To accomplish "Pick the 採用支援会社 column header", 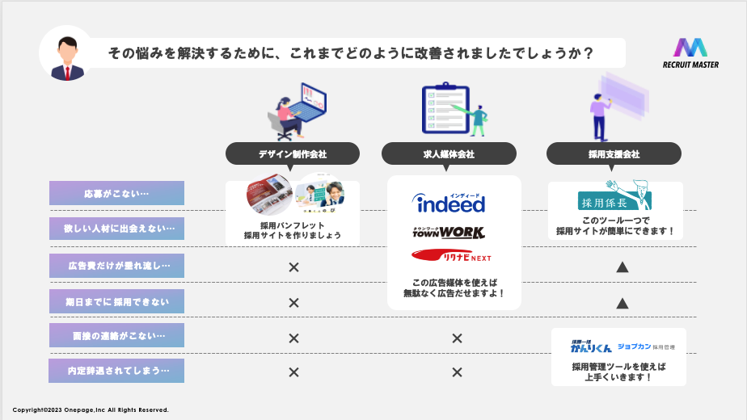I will point(614,153).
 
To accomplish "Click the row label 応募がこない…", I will point(116,193).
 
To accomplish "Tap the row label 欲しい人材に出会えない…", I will point(116,229).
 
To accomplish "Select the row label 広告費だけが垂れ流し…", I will point(116,266).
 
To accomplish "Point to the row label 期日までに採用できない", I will point(116,301).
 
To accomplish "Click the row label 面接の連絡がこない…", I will point(116,335).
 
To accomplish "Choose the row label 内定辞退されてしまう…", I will point(116,371).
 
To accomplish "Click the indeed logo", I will point(449,203).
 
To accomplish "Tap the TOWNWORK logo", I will point(449,233).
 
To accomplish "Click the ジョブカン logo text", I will point(633,346).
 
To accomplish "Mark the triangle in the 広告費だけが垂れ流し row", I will point(622,266).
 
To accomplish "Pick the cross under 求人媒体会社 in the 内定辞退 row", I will point(457,372).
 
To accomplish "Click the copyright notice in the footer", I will point(91,410).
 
